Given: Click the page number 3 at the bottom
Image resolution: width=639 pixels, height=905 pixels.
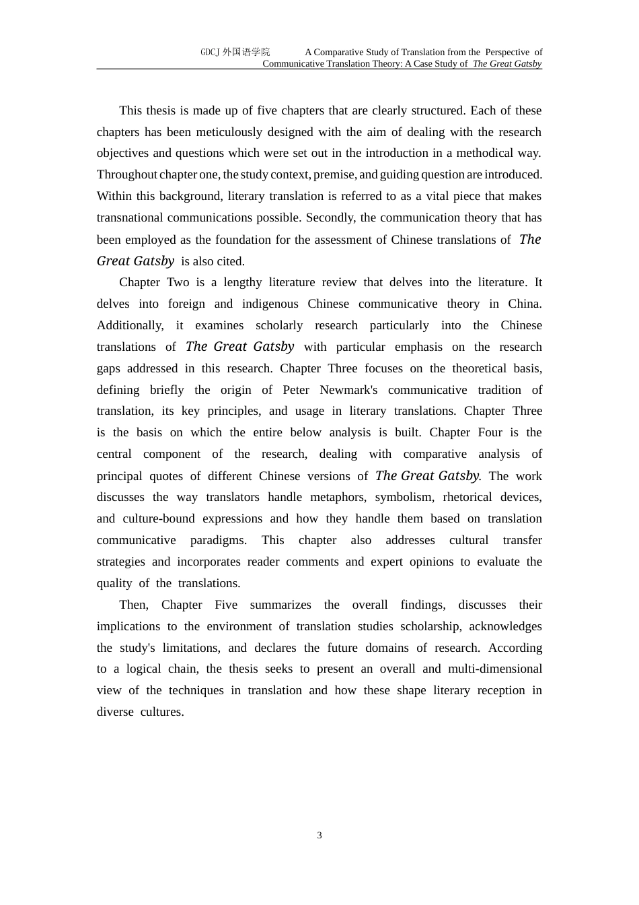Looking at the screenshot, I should point(319,836).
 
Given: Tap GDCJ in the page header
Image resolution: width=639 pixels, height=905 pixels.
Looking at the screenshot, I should point(211,53).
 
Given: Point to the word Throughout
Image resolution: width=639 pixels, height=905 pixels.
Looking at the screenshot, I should point(126,174).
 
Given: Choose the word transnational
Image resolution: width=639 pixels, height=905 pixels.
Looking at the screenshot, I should point(130,217).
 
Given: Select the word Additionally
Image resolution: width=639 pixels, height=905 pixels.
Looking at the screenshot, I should point(130,325).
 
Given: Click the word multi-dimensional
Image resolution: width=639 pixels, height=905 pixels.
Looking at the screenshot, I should point(495,669).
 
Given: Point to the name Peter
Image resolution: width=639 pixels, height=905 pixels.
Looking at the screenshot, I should point(296,390).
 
